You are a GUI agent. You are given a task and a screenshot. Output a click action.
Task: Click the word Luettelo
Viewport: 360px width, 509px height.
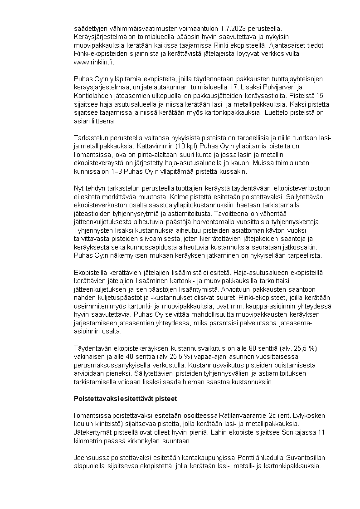[x=274, y=113]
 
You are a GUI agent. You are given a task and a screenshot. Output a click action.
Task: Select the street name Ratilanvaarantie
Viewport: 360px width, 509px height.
[x=244, y=416]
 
